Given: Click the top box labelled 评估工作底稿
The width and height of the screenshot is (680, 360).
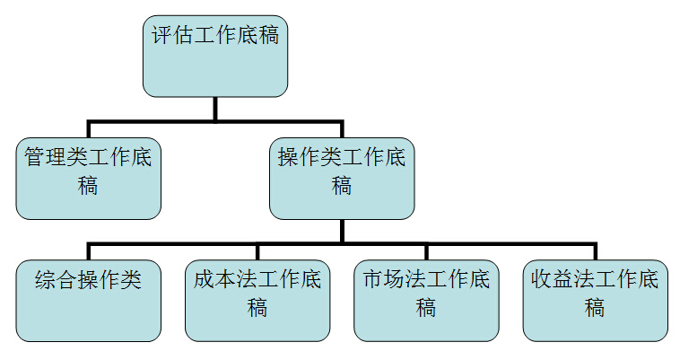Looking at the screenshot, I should [215, 56].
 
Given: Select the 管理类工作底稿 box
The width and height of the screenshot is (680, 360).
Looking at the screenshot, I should [89, 177].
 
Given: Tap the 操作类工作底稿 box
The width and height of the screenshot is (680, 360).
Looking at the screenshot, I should [342, 177].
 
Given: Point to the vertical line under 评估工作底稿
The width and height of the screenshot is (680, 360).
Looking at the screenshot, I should [215, 108].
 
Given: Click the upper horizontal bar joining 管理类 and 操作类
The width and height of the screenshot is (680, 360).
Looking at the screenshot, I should [153, 120].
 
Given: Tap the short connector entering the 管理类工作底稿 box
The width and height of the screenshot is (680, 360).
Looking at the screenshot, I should [89, 128].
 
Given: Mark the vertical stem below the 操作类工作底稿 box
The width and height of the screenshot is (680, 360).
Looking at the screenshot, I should [342, 230].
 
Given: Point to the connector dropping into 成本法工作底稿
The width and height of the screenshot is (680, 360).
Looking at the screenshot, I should [257, 250].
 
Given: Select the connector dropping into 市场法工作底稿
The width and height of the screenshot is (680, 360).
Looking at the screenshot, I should [426, 250].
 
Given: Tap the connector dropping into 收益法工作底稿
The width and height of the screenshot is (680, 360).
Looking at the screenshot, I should [595, 250].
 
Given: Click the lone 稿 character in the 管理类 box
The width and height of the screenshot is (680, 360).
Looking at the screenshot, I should [89, 187].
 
